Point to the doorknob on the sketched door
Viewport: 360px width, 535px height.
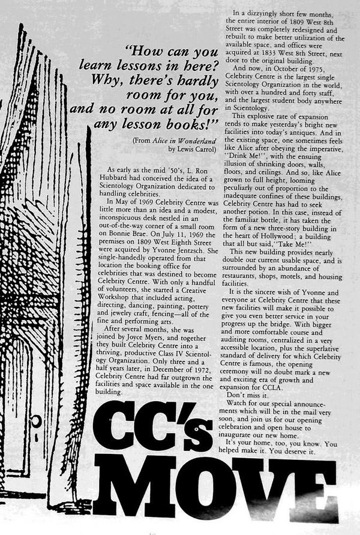[x=35, y=421]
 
